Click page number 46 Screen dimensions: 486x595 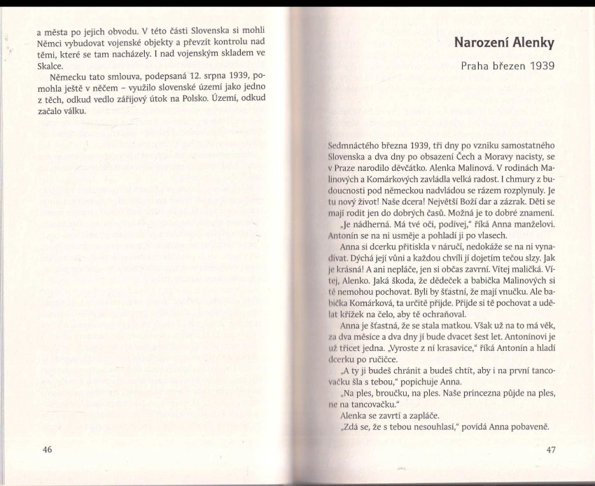point(48,449)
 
